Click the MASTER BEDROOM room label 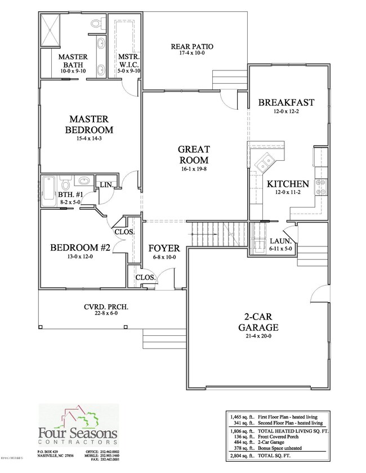[88, 124]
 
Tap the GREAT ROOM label [194, 154]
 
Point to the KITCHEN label [287, 184]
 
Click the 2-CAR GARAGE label [257, 321]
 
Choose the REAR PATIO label [192, 46]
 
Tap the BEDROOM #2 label [81, 247]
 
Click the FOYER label [164, 247]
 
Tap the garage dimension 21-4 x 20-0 [257, 336]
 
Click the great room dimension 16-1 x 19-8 [194, 169]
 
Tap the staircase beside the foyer [217, 233]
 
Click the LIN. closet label [106, 185]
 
